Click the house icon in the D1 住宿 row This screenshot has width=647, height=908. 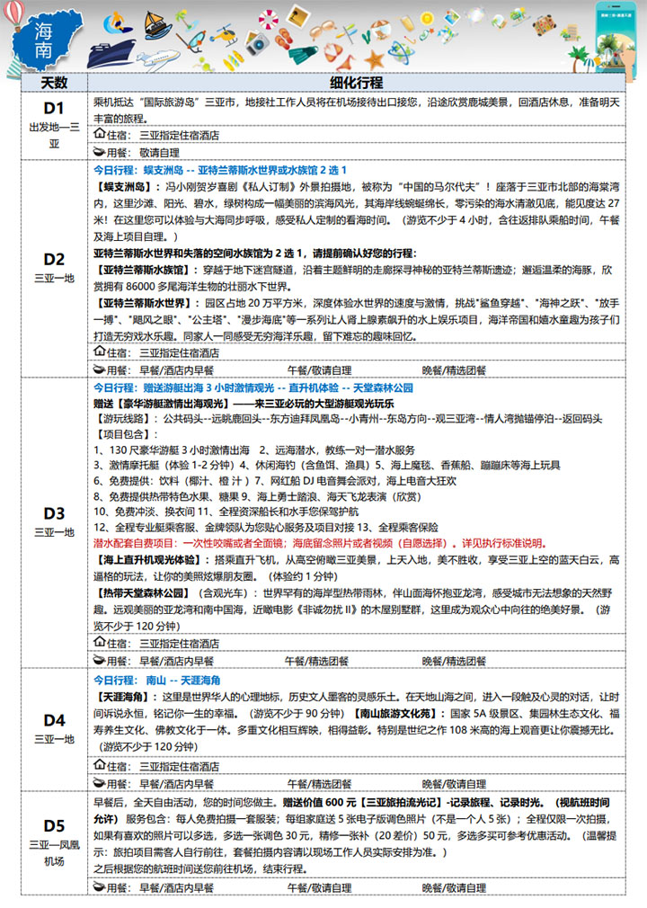100,135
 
